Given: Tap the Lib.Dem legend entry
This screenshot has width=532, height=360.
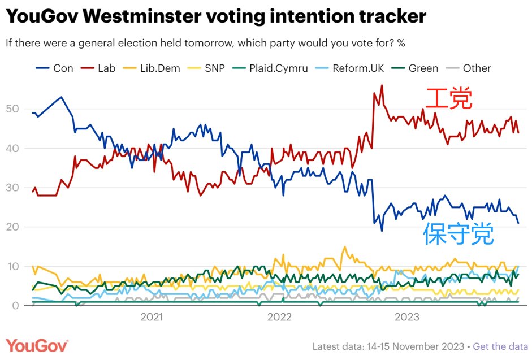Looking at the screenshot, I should (158, 68).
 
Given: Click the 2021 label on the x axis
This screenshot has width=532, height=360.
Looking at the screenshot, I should (152, 318).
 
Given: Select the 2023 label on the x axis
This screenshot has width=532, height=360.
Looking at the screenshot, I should (406, 318).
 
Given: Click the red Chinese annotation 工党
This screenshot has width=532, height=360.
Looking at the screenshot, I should (448, 99).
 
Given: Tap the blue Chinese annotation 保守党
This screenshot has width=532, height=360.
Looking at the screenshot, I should (459, 234).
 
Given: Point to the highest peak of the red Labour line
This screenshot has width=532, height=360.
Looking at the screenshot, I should (382, 85).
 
